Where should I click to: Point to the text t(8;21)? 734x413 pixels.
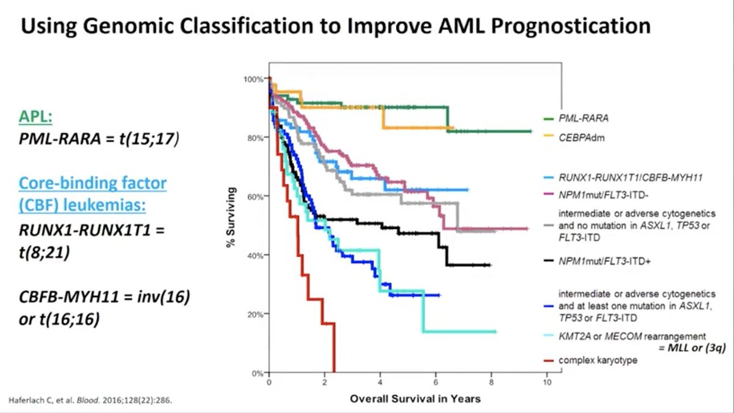coord(43,251)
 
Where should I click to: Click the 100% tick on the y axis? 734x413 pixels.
coord(254,79)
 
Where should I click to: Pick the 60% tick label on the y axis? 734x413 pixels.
coord(256,197)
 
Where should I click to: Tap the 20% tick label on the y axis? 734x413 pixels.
coord(256,315)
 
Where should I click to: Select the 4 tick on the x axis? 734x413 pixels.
coord(380,382)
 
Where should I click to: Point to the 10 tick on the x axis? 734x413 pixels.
coord(547,382)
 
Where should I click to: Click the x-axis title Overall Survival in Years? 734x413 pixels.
coord(415,399)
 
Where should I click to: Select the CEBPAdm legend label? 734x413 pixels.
coord(577,137)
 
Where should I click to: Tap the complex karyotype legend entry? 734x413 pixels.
coord(597,360)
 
